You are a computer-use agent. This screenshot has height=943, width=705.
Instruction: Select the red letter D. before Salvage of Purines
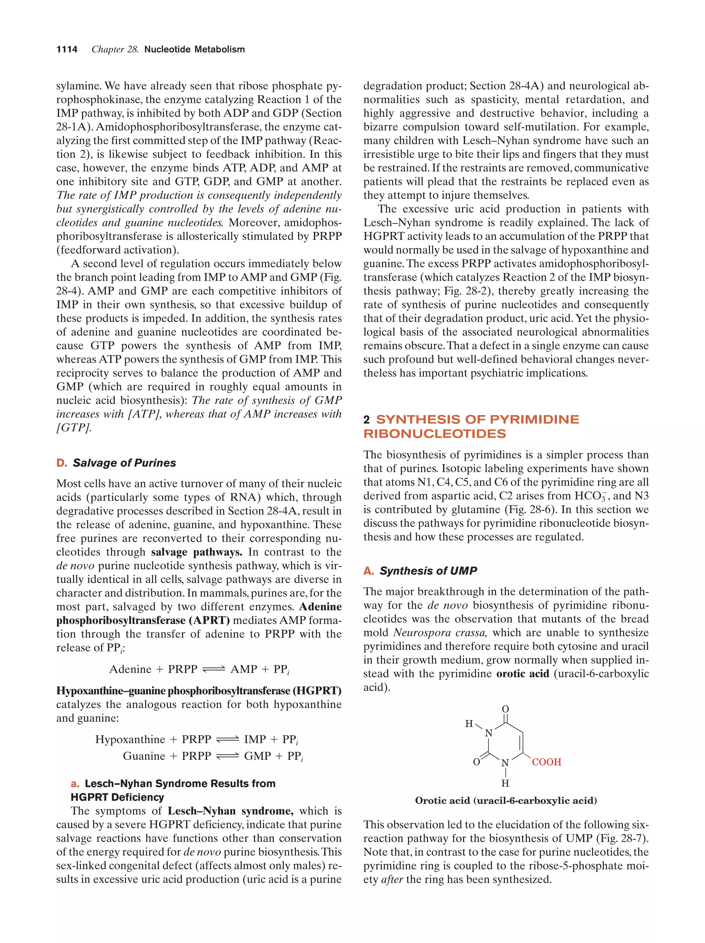point(61,463)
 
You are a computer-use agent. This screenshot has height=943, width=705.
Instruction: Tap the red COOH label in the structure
point(546,762)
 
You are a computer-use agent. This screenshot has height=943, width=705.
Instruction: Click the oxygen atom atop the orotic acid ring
point(505,709)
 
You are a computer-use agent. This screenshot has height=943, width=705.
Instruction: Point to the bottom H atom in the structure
point(505,783)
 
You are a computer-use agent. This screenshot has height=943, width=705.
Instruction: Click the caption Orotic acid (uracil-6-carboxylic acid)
point(506,801)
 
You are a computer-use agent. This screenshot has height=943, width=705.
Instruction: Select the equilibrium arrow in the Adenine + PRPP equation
point(213,669)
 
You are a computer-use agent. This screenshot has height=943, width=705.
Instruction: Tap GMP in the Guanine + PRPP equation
point(257,756)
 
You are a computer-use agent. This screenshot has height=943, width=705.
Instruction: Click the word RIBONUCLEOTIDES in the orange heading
point(434,434)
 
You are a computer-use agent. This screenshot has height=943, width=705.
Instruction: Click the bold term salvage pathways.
point(197,552)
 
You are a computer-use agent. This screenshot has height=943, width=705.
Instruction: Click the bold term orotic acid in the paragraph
point(523,674)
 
